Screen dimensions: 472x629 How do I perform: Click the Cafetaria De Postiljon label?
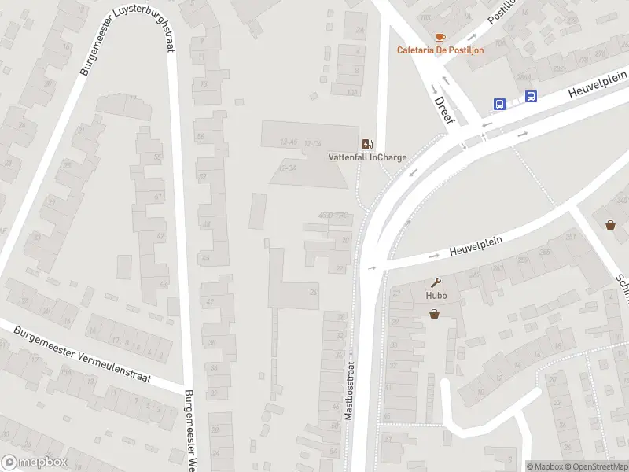(x=440, y=50)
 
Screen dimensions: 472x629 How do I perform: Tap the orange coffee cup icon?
(x=440, y=37)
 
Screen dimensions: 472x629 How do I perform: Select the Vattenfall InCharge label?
(x=367, y=157)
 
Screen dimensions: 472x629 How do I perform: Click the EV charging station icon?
(x=366, y=144)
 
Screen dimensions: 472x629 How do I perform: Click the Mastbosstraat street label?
(x=350, y=390)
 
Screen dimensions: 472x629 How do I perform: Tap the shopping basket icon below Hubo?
(x=434, y=314)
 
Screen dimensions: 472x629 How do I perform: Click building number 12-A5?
(x=288, y=142)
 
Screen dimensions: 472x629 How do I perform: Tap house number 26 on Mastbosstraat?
(x=313, y=293)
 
